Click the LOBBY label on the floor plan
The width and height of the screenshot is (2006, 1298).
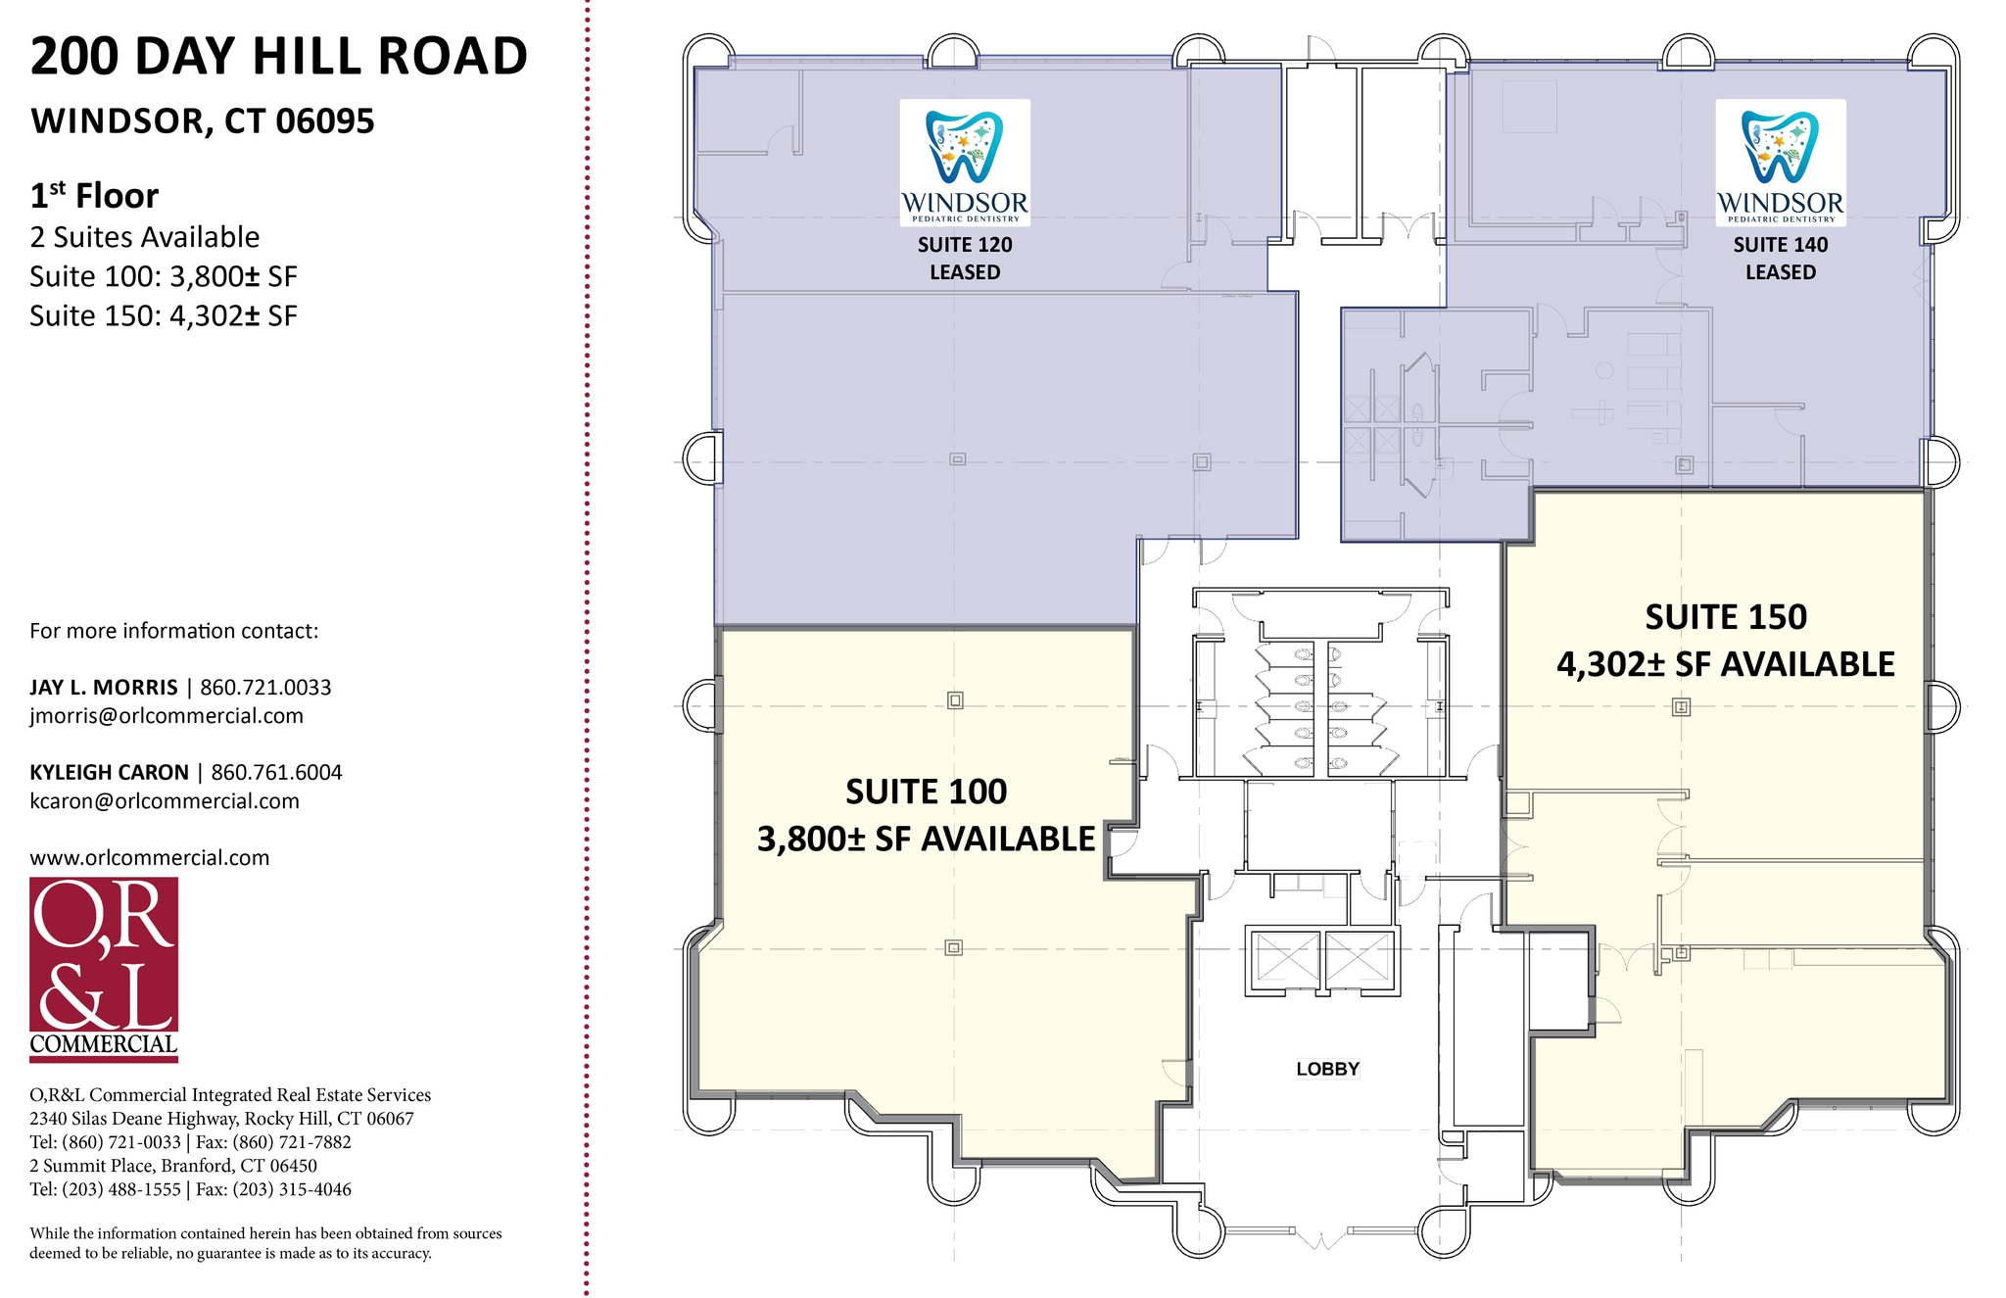[1327, 1069]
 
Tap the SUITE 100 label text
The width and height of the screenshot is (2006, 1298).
[926, 792]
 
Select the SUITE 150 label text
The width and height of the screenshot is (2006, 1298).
[1726, 617]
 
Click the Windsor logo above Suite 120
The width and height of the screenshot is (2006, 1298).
[965, 163]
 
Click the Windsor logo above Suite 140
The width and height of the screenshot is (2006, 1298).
[1781, 163]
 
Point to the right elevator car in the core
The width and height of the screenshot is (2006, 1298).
[1359, 956]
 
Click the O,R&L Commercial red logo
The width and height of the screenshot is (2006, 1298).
[104, 969]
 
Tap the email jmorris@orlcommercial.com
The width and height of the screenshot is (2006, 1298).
[167, 716]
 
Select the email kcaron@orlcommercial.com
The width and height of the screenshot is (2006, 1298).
[165, 801]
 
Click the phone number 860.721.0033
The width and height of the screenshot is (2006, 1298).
[265, 688]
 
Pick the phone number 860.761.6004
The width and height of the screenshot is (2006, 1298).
[276, 772]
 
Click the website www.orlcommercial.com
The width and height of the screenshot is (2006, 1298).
[150, 858]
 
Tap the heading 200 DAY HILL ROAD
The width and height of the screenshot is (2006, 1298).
[279, 56]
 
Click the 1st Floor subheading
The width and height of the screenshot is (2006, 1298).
[94, 195]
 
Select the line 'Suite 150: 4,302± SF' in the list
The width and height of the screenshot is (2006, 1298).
[164, 315]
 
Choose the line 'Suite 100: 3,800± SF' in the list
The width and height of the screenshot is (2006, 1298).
[164, 276]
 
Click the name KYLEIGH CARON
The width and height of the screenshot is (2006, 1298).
[109, 772]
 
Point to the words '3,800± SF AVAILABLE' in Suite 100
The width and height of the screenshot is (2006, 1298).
[926, 840]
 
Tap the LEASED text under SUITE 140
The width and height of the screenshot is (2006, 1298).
[1781, 272]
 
